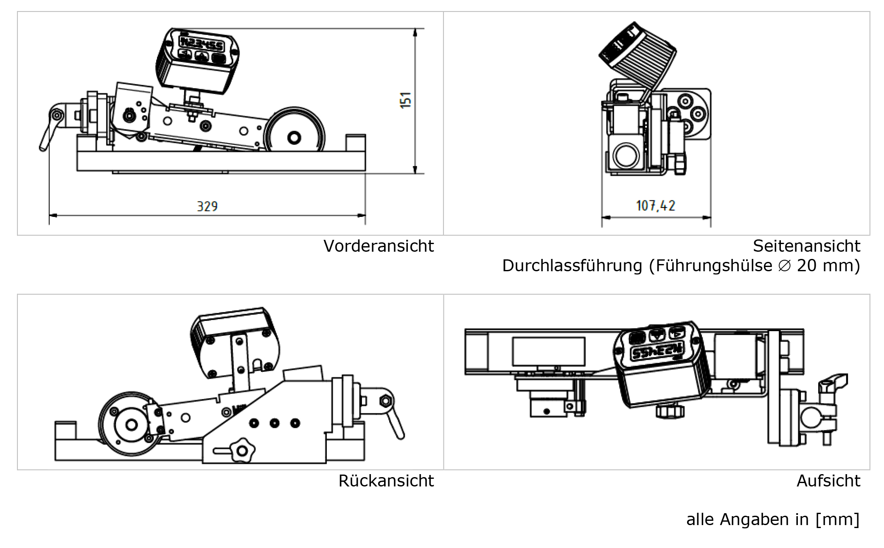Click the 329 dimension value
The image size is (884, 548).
pyautogui.click(x=207, y=207)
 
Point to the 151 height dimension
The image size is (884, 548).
pyautogui.click(x=406, y=100)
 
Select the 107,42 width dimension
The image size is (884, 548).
pyautogui.click(x=655, y=206)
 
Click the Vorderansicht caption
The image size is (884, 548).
pyautogui.click(x=378, y=246)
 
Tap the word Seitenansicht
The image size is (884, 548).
pyautogui.click(x=806, y=246)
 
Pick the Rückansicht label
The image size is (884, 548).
pyautogui.click(x=386, y=481)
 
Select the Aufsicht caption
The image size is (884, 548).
pyautogui.click(x=828, y=481)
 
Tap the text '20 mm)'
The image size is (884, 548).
pyautogui.click(x=828, y=266)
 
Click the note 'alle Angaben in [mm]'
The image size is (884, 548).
pyautogui.click(x=772, y=520)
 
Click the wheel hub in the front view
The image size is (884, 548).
pyautogui.click(x=294, y=138)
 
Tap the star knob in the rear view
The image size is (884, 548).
pyautogui.click(x=242, y=450)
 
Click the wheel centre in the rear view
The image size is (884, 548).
pyautogui.click(x=131, y=424)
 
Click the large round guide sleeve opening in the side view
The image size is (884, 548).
pyautogui.click(x=626, y=155)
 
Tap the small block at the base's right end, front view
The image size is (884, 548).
pyautogui.click(x=356, y=142)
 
